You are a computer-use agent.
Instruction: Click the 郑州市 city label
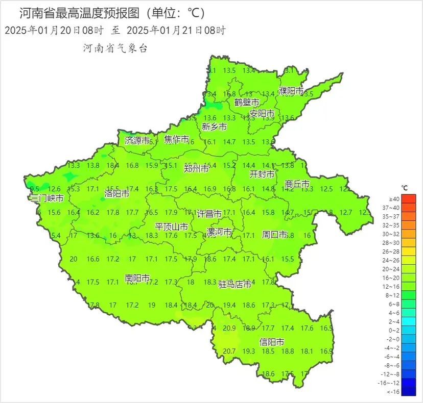(197, 169)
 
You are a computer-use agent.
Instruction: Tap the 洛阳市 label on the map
(116, 194)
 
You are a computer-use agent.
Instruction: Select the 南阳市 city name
(137, 279)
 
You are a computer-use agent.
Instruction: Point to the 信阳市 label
(272, 342)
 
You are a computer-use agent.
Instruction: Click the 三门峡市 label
(47, 198)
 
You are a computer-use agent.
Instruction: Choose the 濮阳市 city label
(291, 91)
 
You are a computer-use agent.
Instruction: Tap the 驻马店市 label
(235, 284)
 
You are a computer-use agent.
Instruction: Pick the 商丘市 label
(297, 184)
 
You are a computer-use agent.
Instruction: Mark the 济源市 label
(137, 140)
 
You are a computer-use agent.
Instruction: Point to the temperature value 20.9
(229, 328)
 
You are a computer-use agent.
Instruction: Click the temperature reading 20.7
(229, 351)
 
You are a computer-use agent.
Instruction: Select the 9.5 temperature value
(35, 189)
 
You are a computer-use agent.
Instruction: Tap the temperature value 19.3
(249, 351)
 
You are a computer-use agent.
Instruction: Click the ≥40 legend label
(394, 198)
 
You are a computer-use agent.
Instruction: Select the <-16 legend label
(394, 391)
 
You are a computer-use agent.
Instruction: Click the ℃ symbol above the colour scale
(404, 188)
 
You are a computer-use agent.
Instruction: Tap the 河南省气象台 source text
(115, 48)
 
